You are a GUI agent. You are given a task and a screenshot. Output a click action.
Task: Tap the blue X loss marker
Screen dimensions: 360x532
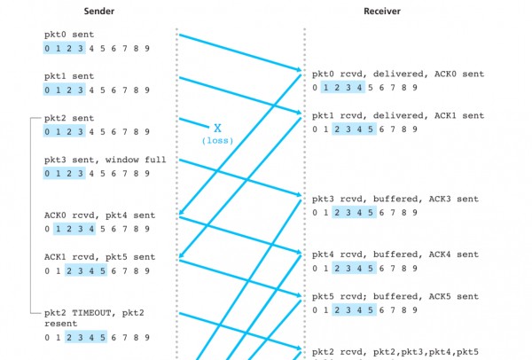(216, 129)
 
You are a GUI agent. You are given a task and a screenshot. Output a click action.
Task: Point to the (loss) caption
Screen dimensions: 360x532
(216, 141)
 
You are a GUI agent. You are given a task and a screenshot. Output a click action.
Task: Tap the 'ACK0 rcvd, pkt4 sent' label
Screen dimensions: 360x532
(99, 215)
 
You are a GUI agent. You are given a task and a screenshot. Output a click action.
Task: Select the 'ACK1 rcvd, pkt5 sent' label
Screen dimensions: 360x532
(99, 257)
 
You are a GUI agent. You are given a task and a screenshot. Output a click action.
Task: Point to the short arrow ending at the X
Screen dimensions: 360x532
(194, 122)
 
